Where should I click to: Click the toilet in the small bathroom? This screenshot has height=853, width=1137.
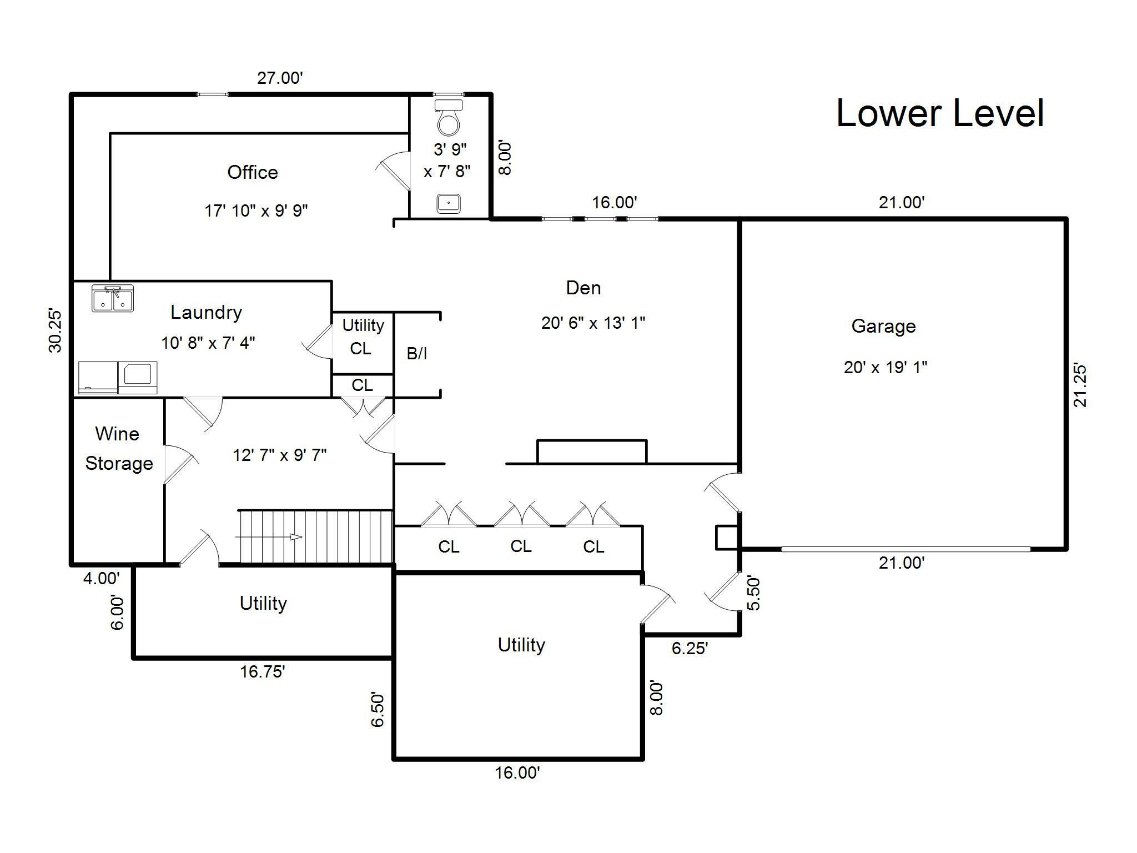[449, 117]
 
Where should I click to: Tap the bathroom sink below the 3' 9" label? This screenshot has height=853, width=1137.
[449, 203]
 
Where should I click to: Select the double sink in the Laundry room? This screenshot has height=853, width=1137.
[113, 299]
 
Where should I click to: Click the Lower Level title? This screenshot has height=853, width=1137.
[940, 113]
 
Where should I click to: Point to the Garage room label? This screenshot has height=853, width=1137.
[883, 326]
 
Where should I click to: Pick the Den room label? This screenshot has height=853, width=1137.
[583, 288]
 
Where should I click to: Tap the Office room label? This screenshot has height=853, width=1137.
[253, 172]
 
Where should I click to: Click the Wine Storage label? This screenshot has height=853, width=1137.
[118, 448]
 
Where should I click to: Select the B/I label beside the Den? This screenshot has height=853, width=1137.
[417, 353]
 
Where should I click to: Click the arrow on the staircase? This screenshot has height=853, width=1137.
[269, 537]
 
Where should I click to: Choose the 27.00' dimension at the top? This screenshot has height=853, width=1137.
[280, 78]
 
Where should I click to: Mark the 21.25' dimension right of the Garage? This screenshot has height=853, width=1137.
[1080, 385]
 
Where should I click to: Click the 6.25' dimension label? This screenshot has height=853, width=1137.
[690, 648]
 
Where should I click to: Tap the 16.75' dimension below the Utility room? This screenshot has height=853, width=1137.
[263, 672]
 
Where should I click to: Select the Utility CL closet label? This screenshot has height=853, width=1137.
[363, 337]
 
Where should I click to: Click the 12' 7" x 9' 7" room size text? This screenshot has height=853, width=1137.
[280, 455]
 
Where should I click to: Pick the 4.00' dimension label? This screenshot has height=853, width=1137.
[101, 579]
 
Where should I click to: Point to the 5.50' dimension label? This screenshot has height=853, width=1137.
[753, 593]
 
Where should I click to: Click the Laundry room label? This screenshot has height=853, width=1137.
[206, 312]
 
